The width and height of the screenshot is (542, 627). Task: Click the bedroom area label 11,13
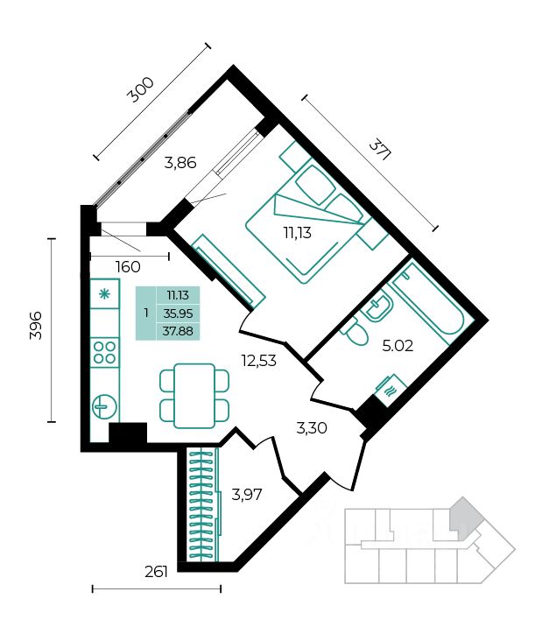pos(298,232)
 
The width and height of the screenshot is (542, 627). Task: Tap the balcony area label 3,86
pos(180,163)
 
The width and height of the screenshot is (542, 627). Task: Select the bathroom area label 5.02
pos(398,346)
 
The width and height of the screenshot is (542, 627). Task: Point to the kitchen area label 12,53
pos(259,361)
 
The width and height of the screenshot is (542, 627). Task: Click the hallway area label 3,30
pos(312,428)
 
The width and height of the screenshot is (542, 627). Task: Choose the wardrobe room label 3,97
pos(247,495)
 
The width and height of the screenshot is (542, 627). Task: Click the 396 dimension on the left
pos(36,325)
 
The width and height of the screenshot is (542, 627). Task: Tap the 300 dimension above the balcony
pos(140,90)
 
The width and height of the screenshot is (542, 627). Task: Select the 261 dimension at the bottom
pos(156,572)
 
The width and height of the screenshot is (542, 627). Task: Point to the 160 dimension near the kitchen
pos(128,267)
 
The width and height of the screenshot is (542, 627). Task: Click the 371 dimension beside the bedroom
pos(379,150)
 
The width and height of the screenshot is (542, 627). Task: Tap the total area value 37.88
pos(178,332)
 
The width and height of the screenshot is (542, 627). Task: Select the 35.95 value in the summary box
pos(178,313)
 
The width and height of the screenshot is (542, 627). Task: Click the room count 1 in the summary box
pos(146,313)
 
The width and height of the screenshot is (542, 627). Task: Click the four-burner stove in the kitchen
pos(105,353)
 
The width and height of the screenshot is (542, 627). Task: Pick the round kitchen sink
pos(105,407)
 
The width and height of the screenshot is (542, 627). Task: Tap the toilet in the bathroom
pos(355,333)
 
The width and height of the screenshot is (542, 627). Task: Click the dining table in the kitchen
pos(194,396)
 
